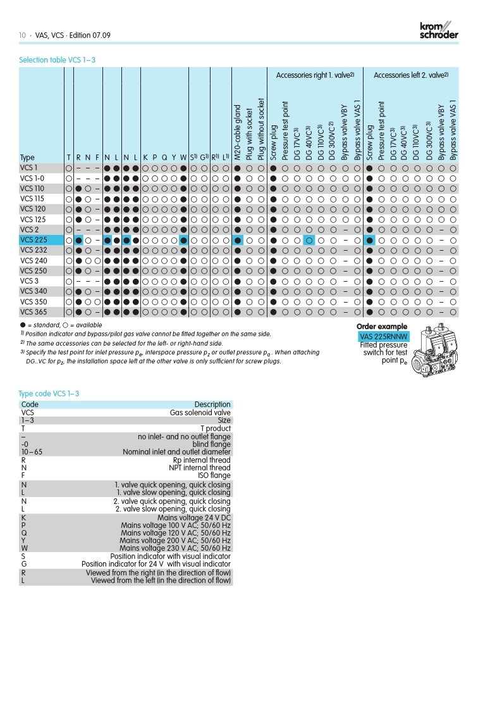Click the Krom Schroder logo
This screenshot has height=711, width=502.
[x=438, y=30]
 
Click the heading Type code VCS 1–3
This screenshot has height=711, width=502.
[x=49, y=394]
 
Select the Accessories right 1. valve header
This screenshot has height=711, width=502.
[x=315, y=75]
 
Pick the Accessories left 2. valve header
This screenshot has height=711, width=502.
[x=411, y=75]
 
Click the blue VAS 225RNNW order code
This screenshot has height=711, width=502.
[x=383, y=337]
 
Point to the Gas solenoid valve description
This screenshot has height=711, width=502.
[x=200, y=412]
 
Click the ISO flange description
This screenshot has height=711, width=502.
[x=214, y=475]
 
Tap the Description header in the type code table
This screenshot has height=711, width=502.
[x=212, y=405]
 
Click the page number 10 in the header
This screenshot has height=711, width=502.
[x=22, y=35]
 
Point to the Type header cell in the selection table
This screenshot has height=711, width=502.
[x=27, y=158]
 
